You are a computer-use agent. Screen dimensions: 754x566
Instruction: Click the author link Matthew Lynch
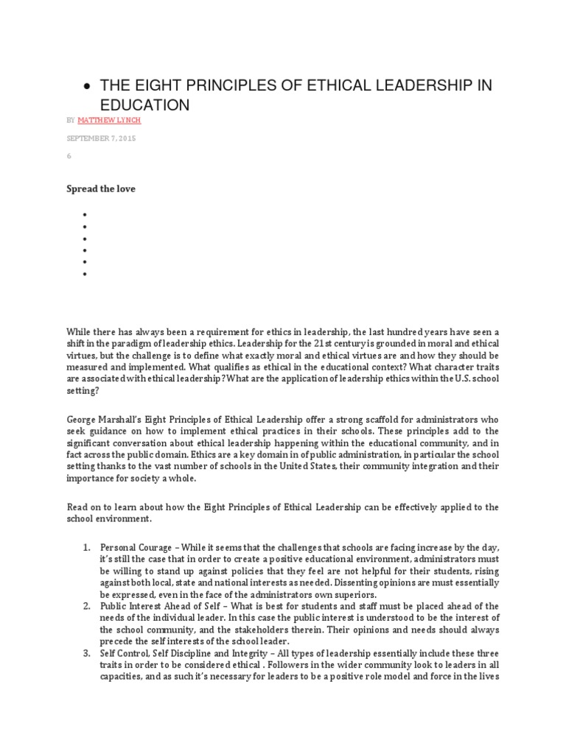pyautogui.click(x=110, y=119)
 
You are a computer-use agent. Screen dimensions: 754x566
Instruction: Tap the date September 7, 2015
pyautogui.click(x=101, y=138)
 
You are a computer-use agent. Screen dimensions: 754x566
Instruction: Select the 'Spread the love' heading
pyautogui.click(x=101, y=188)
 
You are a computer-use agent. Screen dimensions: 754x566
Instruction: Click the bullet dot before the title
pyautogui.click(x=88, y=87)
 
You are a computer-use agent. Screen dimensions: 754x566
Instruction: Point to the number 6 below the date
pyautogui.click(x=69, y=158)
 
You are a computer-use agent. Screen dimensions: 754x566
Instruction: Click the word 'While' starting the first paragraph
pyautogui.click(x=80, y=331)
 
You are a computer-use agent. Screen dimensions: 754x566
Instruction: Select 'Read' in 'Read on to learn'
pyautogui.click(x=77, y=507)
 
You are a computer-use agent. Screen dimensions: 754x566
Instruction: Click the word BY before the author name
pyautogui.click(x=70, y=119)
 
